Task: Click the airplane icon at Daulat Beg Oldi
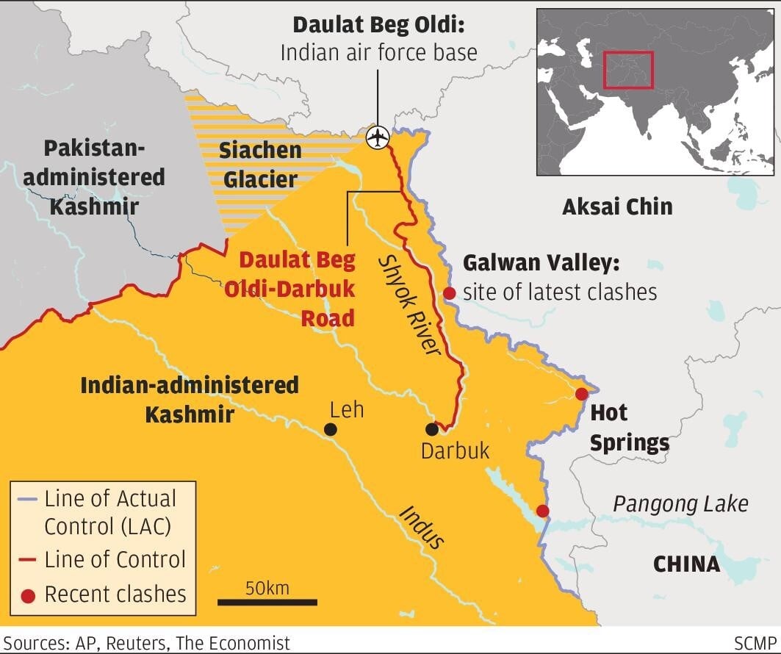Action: click(378, 137)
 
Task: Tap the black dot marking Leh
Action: click(331, 429)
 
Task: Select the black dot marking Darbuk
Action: click(432, 429)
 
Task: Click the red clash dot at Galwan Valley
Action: click(449, 293)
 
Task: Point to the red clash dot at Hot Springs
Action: click(581, 394)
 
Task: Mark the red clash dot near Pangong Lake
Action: click(542, 511)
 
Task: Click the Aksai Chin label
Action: click(617, 206)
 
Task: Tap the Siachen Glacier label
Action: click(260, 164)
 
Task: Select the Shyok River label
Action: click(409, 304)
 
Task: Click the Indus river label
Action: click(422, 526)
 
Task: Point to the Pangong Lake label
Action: click(680, 504)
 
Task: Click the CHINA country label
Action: click(686, 564)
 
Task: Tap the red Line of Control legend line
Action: click(27, 561)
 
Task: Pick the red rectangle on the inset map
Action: click(628, 70)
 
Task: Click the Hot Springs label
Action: click(629, 428)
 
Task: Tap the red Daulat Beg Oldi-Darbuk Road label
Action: click(298, 288)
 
